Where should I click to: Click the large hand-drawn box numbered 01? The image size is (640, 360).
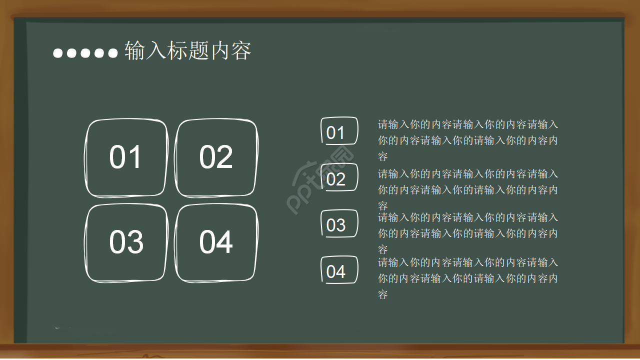click(x=126, y=157)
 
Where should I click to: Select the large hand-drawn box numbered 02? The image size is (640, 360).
click(x=216, y=157)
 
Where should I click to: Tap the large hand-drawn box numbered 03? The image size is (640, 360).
click(x=126, y=243)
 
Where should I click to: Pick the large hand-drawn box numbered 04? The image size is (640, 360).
click(x=216, y=243)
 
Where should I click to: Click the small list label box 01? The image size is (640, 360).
click(x=339, y=131)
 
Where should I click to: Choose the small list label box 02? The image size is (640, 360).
click(x=339, y=177)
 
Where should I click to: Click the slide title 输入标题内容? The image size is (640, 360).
click(x=187, y=51)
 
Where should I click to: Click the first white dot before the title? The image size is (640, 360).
click(x=58, y=53)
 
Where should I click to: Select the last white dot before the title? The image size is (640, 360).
click(x=112, y=53)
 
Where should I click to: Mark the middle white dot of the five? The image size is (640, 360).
click(x=85, y=53)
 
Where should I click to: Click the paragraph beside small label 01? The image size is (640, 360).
click(x=467, y=140)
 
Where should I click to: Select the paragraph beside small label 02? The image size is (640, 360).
click(x=467, y=189)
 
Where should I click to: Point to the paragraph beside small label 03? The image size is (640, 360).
click(x=467, y=233)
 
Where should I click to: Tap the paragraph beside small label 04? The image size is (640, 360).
click(x=467, y=278)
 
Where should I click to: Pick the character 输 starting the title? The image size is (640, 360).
click(x=134, y=51)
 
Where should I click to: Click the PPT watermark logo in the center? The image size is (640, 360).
click(x=320, y=180)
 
